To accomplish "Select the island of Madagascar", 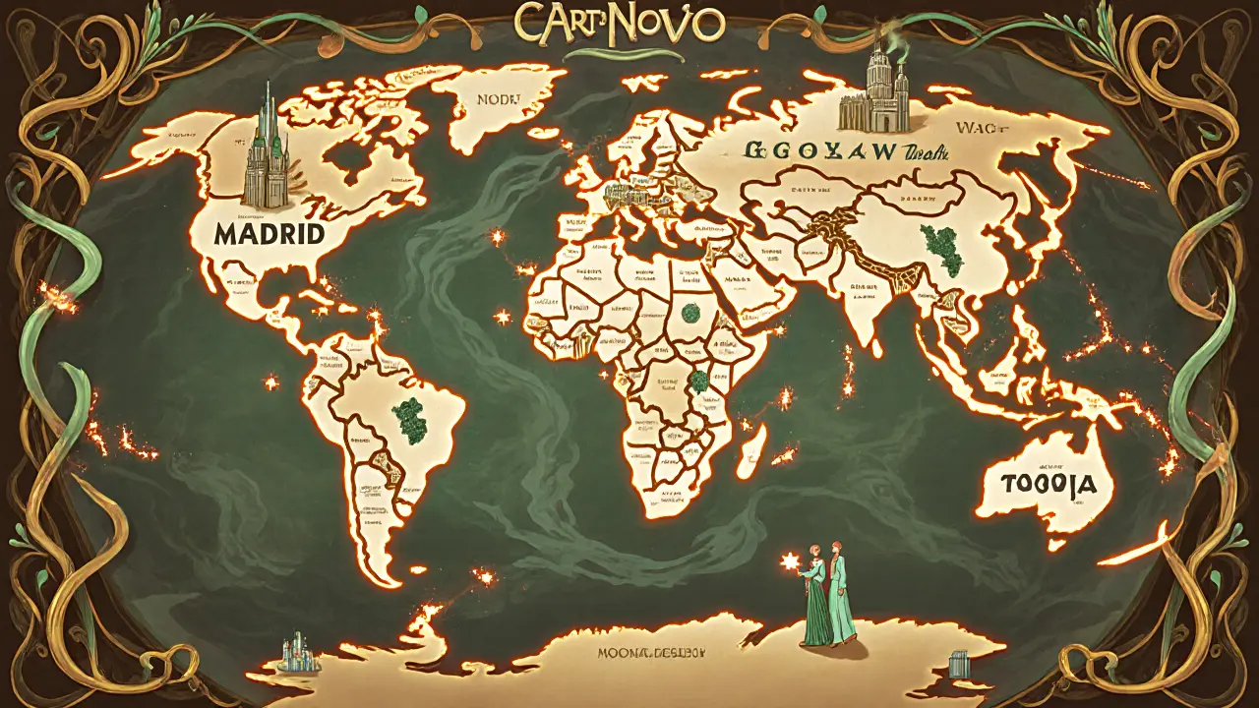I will [753, 450].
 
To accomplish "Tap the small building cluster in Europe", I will [623, 196].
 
